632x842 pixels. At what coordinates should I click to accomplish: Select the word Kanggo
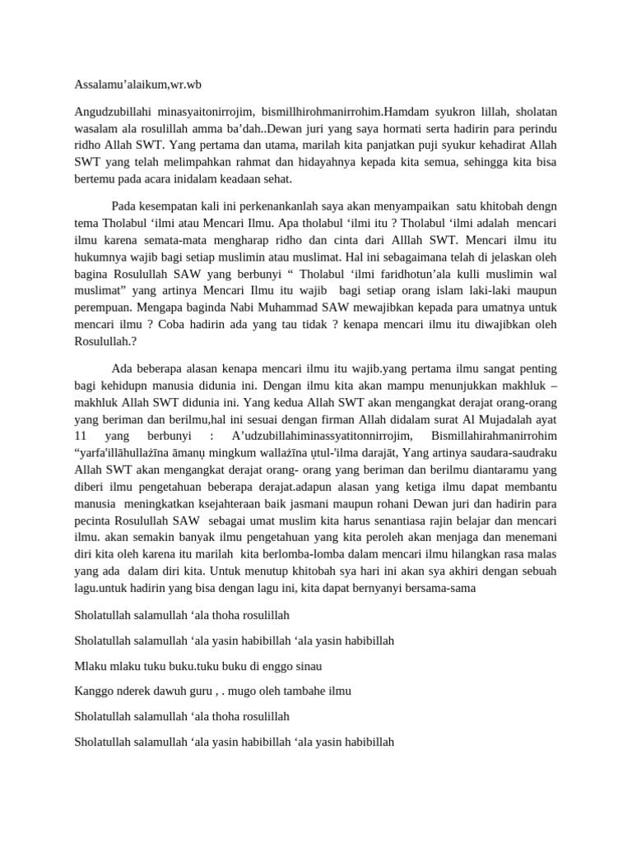[x=92, y=691]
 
